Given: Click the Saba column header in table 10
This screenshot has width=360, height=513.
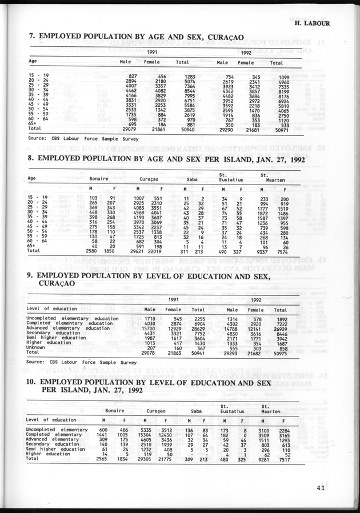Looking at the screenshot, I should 195,410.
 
